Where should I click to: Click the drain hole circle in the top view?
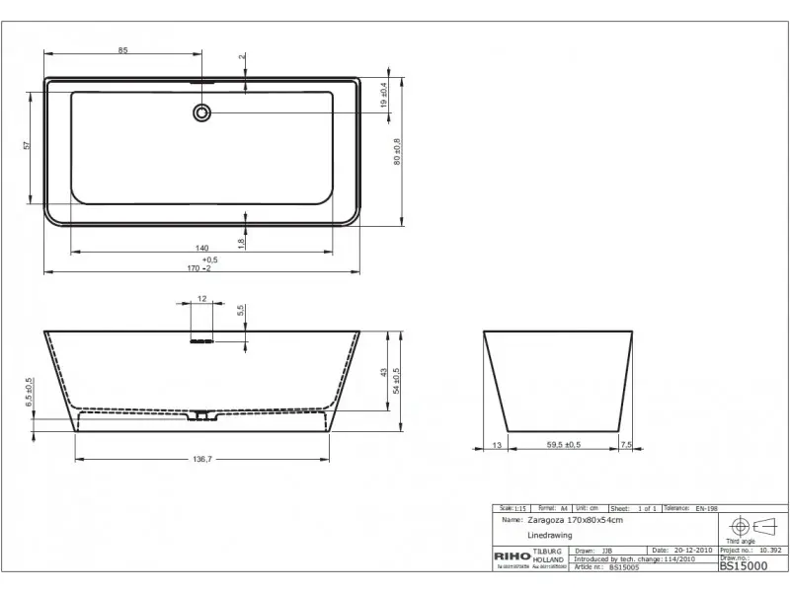click(x=202, y=112)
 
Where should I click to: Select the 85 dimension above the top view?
click(x=122, y=49)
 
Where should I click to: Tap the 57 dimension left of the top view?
click(x=28, y=145)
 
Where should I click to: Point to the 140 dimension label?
click(x=201, y=248)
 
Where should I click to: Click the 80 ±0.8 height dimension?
click(x=397, y=148)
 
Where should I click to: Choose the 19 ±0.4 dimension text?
click(x=383, y=95)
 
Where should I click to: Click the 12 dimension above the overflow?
click(x=201, y=298)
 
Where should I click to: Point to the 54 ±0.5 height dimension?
click(x=396, y=380)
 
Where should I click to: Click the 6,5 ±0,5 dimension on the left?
click(x=29, y=394)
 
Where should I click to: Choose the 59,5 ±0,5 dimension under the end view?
click(x=564, y=446)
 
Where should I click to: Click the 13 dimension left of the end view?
click(x=495, y=446)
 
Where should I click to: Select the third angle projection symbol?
click(x=751, y=526)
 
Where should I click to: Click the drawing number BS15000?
click(x=743, y=566)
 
